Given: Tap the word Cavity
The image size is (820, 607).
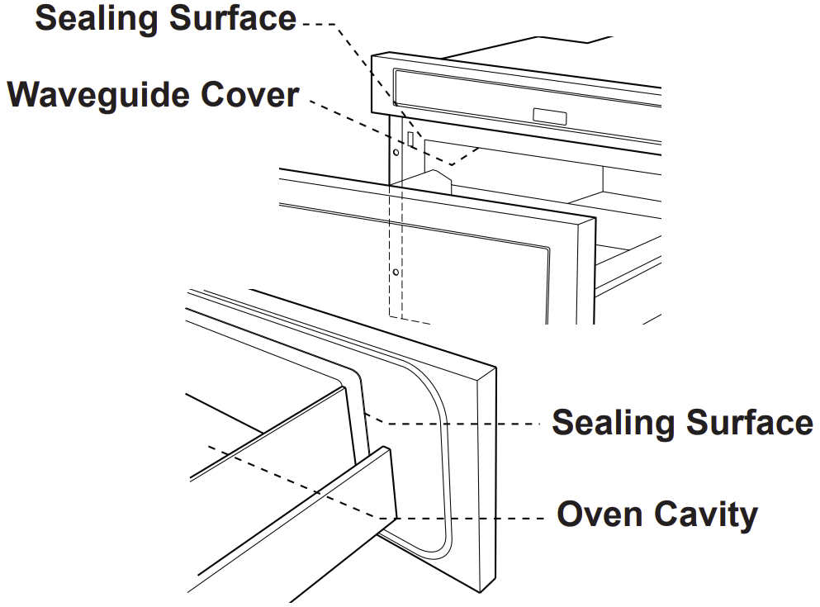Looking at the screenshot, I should pyautogui.click(x=706, y=515).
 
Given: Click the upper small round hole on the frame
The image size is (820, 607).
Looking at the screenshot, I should pyautogui.click(x=396, y=152).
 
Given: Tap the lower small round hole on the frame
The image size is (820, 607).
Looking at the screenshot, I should pyautogui.click(x=396, y=270).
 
